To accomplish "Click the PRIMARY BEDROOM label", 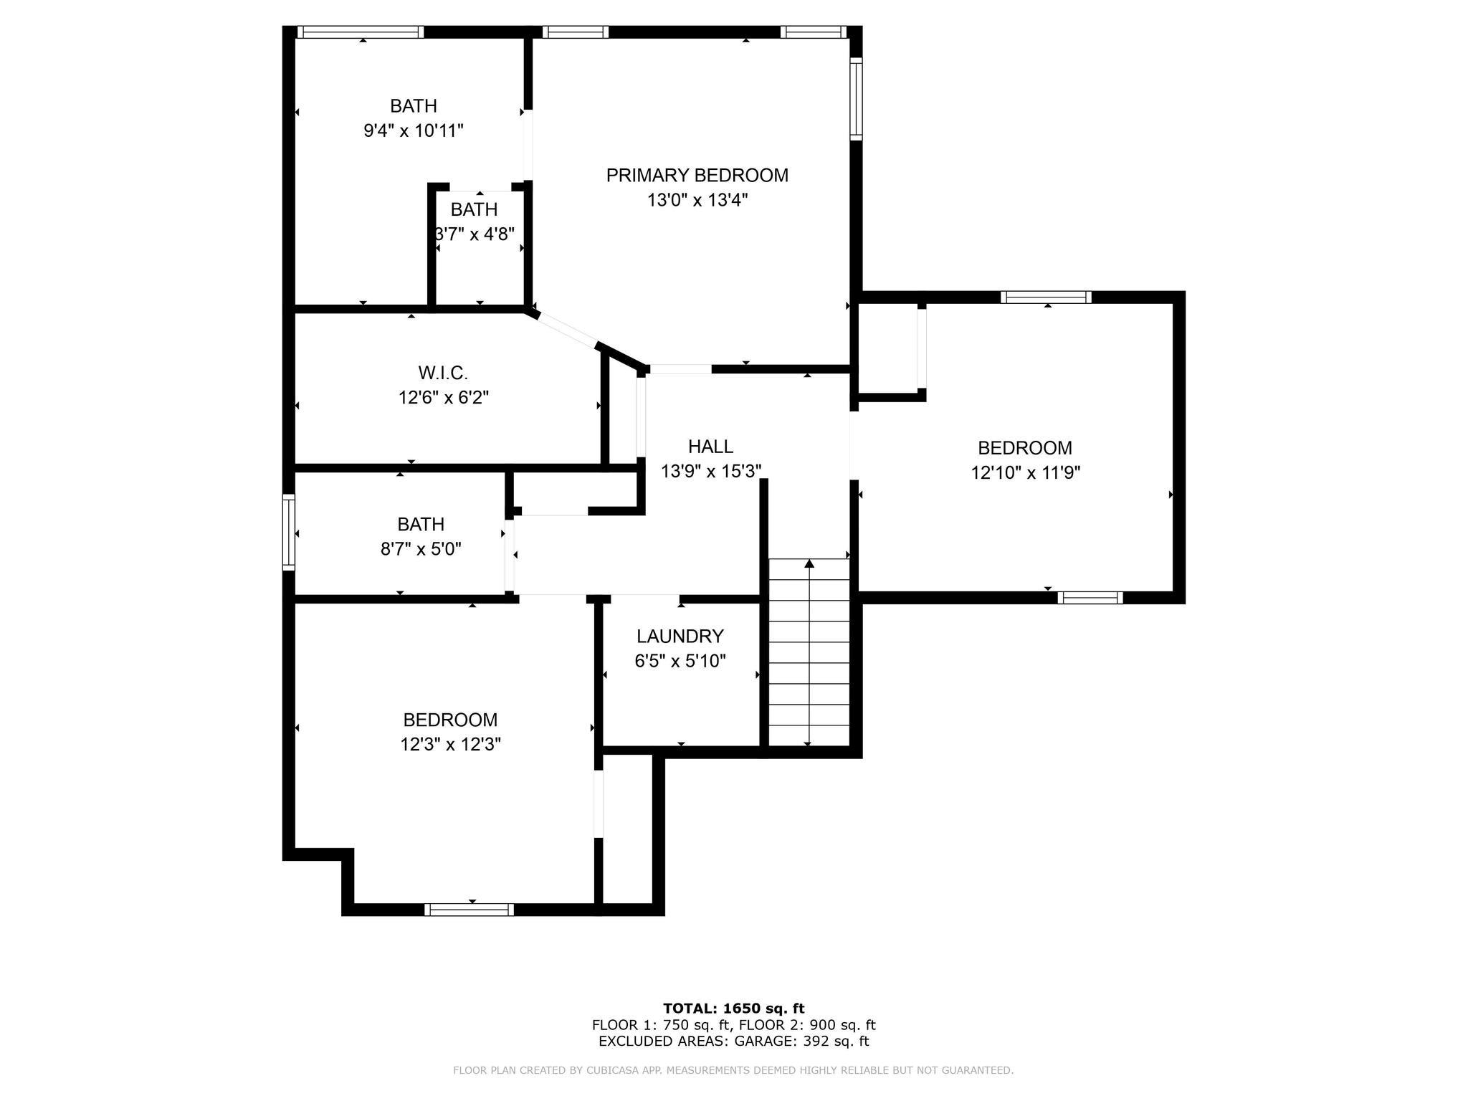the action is (697, 176).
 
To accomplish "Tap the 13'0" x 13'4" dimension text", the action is (697, 200).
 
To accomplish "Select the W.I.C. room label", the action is (443, 373).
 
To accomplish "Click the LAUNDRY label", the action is (680, 636).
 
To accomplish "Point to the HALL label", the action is (710, 447).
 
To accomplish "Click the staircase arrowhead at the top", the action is (809, 563).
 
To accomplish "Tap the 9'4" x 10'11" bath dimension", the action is (414, 130).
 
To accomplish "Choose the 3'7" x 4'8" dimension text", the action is (475, 234).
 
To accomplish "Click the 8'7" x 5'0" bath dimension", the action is (421, 549).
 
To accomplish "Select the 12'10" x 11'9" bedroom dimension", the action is (1025, 472).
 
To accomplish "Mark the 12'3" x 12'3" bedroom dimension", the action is (450, 745).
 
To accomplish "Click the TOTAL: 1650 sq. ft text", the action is (733, 1009).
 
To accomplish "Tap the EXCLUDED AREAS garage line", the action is (733, 1042).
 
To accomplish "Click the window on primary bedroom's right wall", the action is (856, 99).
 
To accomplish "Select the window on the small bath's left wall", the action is (289, 533).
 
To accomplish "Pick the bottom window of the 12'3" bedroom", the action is (469, 910).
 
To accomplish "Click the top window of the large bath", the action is (360, 32).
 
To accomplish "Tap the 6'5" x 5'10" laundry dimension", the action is (680, 661).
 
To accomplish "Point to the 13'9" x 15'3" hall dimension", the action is (710, 471).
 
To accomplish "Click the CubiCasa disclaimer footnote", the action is (733, 1070).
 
